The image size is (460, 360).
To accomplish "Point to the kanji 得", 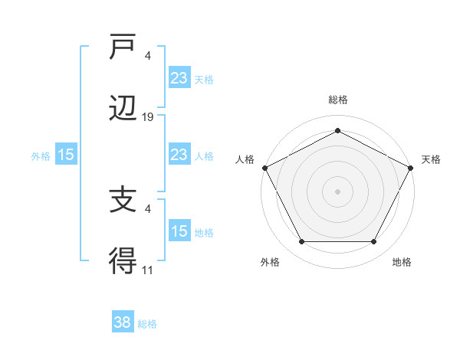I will (x=123, y=263).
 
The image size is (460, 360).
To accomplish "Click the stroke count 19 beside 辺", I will (x=148, y=117).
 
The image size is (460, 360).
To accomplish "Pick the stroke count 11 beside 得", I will (x=148, y=270).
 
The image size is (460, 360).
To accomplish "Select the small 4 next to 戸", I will (x=148, y=55).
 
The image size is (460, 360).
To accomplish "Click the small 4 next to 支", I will (x=148, y=208).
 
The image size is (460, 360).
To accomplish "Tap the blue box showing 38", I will (x=123, y=323).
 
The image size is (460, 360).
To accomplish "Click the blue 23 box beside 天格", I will (x=179, y=78).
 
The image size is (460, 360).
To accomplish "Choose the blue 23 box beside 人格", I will (x=179, y=155).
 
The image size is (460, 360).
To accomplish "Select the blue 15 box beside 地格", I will (x=179, y=231).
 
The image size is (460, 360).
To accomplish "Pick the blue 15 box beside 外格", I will (x=66, y=155).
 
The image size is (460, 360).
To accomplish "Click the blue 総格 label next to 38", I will (x=147, y=324).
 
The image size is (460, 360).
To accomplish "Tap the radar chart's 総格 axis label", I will (x=337, y=100).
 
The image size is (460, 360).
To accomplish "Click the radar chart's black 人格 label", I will (x=245, y=159).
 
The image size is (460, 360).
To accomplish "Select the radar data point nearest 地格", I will (x=374, y=242).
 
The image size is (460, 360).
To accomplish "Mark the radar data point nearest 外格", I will (x=301, y=242).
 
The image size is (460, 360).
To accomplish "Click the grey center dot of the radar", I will (x=337, y=191).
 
